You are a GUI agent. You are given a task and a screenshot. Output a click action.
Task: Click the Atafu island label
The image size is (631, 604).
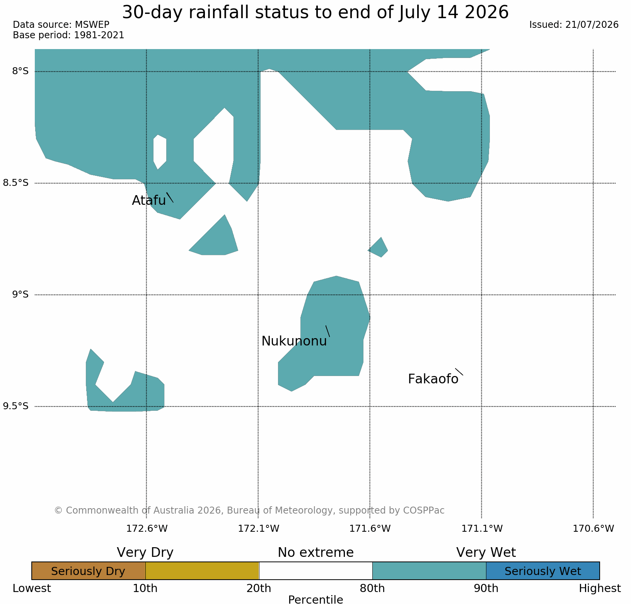click(x=149, y=200)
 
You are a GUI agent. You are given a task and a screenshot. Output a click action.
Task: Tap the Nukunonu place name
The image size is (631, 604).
click(x=294, y=341)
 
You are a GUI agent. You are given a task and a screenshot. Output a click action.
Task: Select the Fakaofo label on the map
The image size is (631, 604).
click(x=433, y=379)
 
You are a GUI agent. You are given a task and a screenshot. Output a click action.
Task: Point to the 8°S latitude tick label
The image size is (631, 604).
click(x=20, y=71)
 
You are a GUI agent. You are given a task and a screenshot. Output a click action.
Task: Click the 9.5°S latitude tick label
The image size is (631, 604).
click(x=16, y=406)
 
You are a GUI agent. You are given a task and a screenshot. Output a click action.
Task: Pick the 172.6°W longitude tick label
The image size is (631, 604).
click(x=147, y=528)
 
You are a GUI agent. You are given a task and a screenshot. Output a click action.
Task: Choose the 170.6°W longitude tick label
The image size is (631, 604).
click(x=593, y=528)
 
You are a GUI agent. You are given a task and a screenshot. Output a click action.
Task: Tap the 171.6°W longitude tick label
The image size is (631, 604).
click(x=370, y=528)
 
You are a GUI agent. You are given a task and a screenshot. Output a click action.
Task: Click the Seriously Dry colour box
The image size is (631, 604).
click(x=89, y=571)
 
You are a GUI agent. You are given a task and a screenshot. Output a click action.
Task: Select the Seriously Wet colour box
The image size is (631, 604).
click(x=543, y=571)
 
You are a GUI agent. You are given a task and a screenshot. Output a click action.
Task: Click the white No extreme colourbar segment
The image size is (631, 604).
click(x=315, y=571)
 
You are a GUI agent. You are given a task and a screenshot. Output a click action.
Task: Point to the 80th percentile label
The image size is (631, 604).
click(x=372, y=589)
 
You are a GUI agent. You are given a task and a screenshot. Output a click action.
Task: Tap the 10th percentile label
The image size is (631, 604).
click(x=145, y=589)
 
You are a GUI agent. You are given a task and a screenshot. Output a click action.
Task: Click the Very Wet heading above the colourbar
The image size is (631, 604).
click(x=486, y=553)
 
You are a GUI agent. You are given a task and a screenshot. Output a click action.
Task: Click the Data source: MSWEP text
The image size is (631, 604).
click(x=61, y=25)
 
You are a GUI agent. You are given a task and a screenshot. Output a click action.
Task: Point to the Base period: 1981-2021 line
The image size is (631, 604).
click(x=68, y=35)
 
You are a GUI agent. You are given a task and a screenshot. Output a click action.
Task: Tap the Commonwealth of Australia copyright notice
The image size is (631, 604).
click(x=249, y=510)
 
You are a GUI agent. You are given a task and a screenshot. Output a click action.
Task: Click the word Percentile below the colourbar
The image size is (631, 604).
click(x=315, y=599)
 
